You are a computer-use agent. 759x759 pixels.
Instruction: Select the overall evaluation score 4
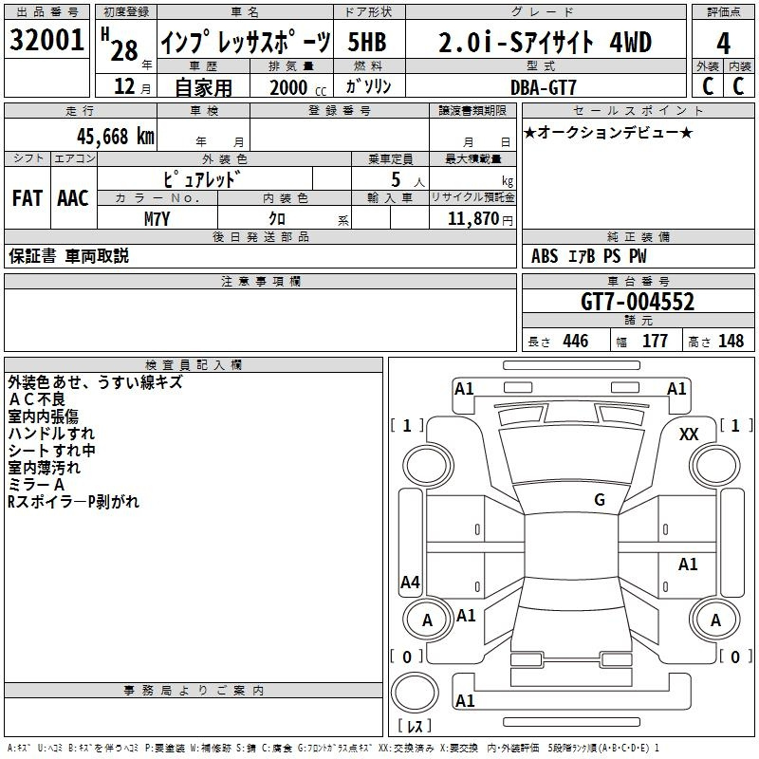click(x=723, y=44)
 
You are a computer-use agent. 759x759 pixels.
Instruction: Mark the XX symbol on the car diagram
click(x=689, y=434)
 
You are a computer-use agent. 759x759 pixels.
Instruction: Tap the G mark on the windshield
click(x=599, y=499)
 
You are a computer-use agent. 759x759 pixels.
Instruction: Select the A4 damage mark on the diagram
click(x=410, y=582)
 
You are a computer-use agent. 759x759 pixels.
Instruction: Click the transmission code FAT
click(x=27, y=198)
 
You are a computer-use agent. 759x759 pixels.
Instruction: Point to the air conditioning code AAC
click(x=73, y=198)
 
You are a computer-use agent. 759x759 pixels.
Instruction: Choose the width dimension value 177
click(x=655, y=342)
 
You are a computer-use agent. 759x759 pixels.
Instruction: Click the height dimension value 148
click(x=731, y=342)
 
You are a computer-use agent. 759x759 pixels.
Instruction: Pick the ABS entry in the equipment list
click(x=545, y=256)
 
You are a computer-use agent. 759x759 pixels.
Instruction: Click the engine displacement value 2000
click(x=288, y=87)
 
